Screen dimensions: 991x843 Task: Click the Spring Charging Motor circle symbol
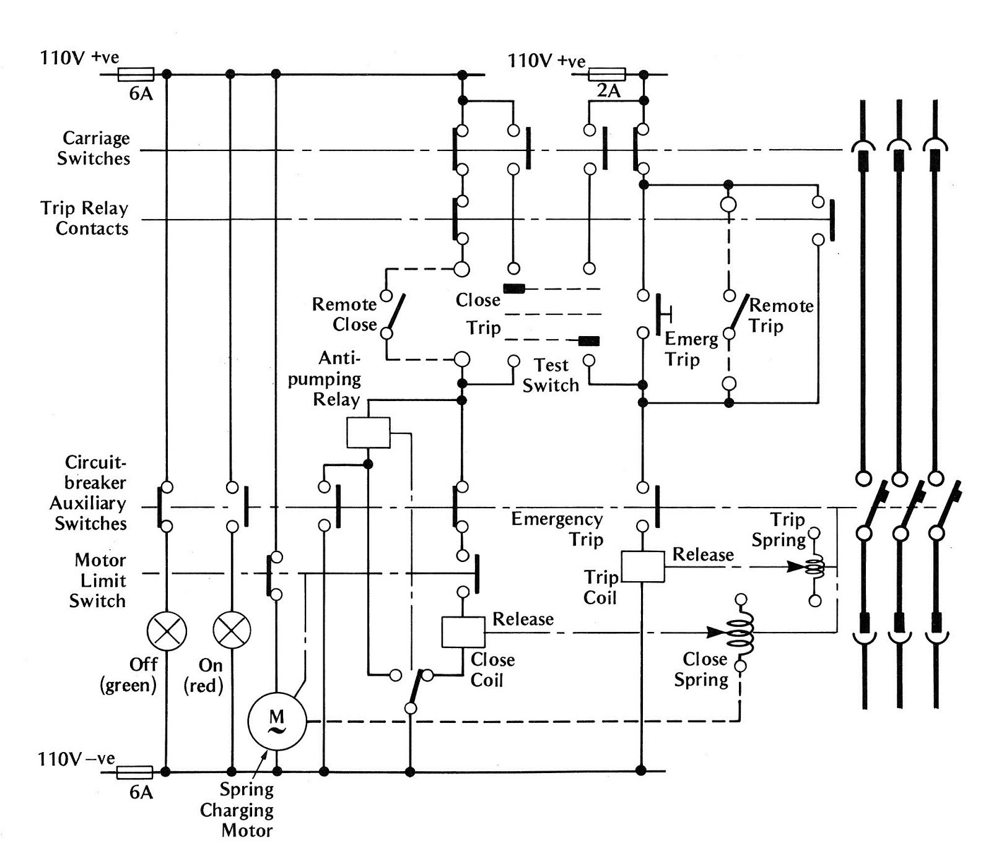(277, 721)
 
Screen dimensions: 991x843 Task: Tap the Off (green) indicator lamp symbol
(167, 631)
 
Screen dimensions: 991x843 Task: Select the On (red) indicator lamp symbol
(232, 631)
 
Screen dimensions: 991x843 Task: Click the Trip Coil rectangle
(643, 566)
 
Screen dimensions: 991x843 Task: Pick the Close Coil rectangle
(463, 632)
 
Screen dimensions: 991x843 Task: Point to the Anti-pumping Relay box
(369, 432)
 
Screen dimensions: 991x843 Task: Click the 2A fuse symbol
(607, 75)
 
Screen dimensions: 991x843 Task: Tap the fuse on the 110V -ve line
(134, 772)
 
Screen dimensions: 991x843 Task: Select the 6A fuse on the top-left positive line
(136, 75)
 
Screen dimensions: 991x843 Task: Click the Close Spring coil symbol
(741, 633)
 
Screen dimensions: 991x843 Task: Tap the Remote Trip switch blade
(740, 313)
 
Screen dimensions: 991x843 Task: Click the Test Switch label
(551, 375)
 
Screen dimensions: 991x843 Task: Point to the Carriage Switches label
(94, 148)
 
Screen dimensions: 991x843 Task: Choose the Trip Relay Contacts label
(85, 218)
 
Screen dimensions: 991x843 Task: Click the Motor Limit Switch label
(98, 581)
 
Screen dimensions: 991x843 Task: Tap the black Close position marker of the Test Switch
(514, 288)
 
